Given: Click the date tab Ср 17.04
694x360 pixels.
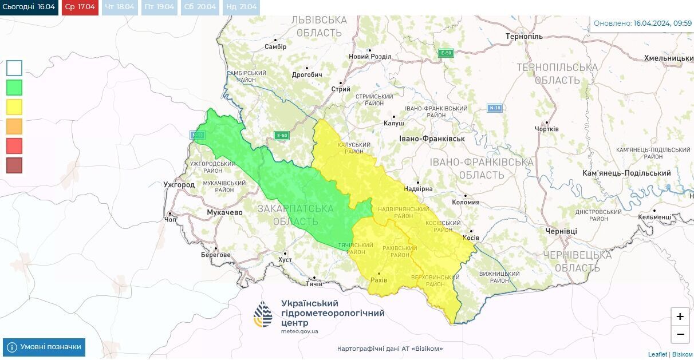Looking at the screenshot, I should click(x=80, y=7).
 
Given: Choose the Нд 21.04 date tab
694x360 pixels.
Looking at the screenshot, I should click(x=240, y=7).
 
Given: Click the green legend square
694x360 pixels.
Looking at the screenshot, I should click(x=14, y=88).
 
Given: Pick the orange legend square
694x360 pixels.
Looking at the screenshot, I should click(x=14, y=126).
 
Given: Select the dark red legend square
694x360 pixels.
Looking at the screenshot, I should click(x=14, y=165).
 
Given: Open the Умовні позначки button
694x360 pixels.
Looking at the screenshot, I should click(x=44, y=347).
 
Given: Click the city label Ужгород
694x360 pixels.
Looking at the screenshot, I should click(x=179, y=185).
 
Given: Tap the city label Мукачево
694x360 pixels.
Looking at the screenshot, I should click(x=224, y=212).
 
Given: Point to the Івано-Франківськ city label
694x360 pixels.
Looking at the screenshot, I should click(x=432, y=139).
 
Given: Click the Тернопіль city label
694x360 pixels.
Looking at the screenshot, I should click(x=524, y=37).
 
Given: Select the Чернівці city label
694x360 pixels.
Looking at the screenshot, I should click(x=561, y=231).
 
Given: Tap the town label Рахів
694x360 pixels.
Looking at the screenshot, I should click(x=379, y=280).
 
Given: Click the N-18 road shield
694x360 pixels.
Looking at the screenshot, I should click(x=495, y=108).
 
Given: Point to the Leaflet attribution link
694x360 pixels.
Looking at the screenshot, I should click(x=657, y=354).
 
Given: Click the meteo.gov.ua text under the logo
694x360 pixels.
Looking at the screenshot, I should click(x=299, y=331).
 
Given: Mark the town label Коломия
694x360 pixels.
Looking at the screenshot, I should click(x=466, y=202).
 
